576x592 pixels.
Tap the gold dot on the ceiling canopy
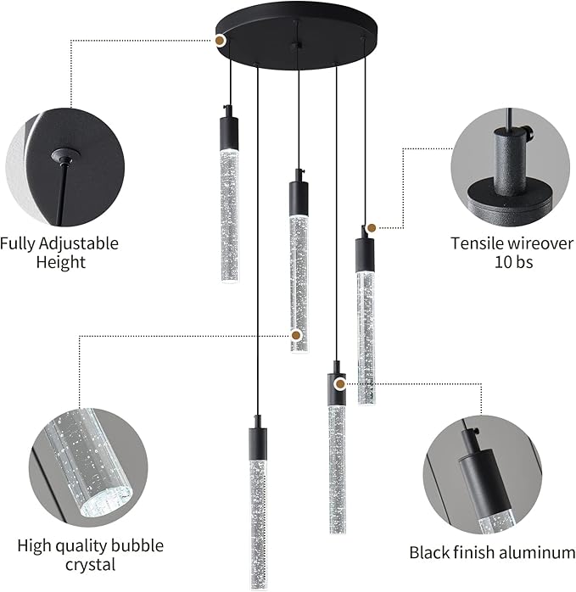220,39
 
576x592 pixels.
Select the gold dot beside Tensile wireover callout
371,227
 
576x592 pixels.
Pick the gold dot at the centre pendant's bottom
295,336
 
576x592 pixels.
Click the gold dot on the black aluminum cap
340,383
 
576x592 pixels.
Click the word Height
60,263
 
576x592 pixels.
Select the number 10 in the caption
503,263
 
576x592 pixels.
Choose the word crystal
88,565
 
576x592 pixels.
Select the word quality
85,545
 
